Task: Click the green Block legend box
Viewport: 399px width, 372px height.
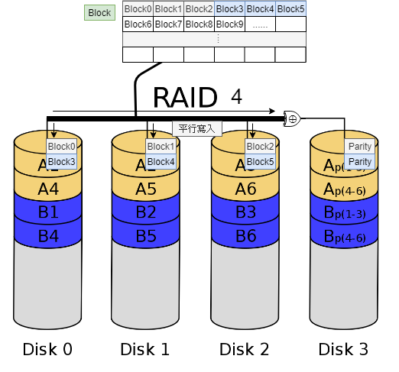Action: (99, 13)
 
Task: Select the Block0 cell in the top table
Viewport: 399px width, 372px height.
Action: (138, 9)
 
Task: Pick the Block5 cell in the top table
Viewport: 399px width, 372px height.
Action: (290, 9)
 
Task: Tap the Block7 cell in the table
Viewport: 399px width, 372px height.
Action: (168, 24)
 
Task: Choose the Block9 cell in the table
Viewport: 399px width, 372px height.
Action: (229, 24)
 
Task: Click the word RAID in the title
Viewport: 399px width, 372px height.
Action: (185, 98)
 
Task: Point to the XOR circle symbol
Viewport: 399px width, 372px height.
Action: (292, 118)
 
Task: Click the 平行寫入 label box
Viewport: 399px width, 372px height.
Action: (197, 128)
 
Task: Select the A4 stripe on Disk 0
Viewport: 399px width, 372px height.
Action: (48, 188)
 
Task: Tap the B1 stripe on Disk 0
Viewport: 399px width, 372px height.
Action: (48, 212)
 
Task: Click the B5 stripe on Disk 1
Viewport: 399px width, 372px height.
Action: (146, 236)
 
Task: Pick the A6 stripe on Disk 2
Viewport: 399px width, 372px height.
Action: (245, 188)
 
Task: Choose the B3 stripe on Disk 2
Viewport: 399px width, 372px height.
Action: (245, 212)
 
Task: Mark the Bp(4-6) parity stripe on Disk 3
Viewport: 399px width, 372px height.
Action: (344, 236)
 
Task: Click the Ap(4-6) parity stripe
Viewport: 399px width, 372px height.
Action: (344, 188)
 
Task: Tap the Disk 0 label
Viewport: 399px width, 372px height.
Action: (47, 349)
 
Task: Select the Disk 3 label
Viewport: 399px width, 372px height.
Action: (343, 349)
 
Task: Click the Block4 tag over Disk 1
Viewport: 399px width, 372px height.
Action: (161, 162)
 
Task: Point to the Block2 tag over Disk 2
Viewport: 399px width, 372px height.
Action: (260, 147)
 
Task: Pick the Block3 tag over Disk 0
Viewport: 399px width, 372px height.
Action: (62, 162)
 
